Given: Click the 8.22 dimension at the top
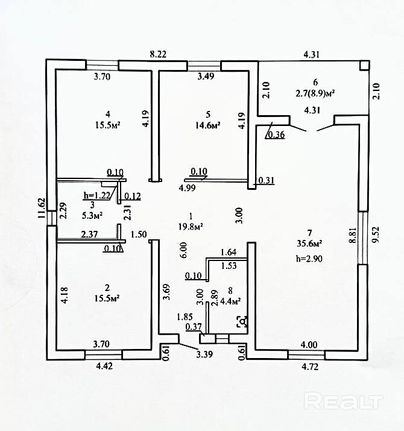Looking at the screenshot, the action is tap(158, 54).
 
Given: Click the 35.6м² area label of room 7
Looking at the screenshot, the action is tap(309, 244).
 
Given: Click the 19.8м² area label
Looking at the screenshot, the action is tap(191, 226).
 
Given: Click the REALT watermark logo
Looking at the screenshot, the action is tap(344, 401).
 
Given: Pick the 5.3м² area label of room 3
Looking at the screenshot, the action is tap(92, 215).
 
